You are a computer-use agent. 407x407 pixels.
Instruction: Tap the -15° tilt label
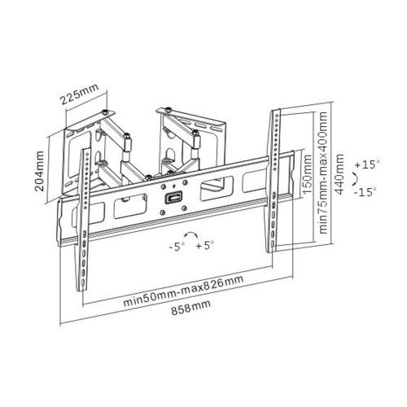click(365, 192)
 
